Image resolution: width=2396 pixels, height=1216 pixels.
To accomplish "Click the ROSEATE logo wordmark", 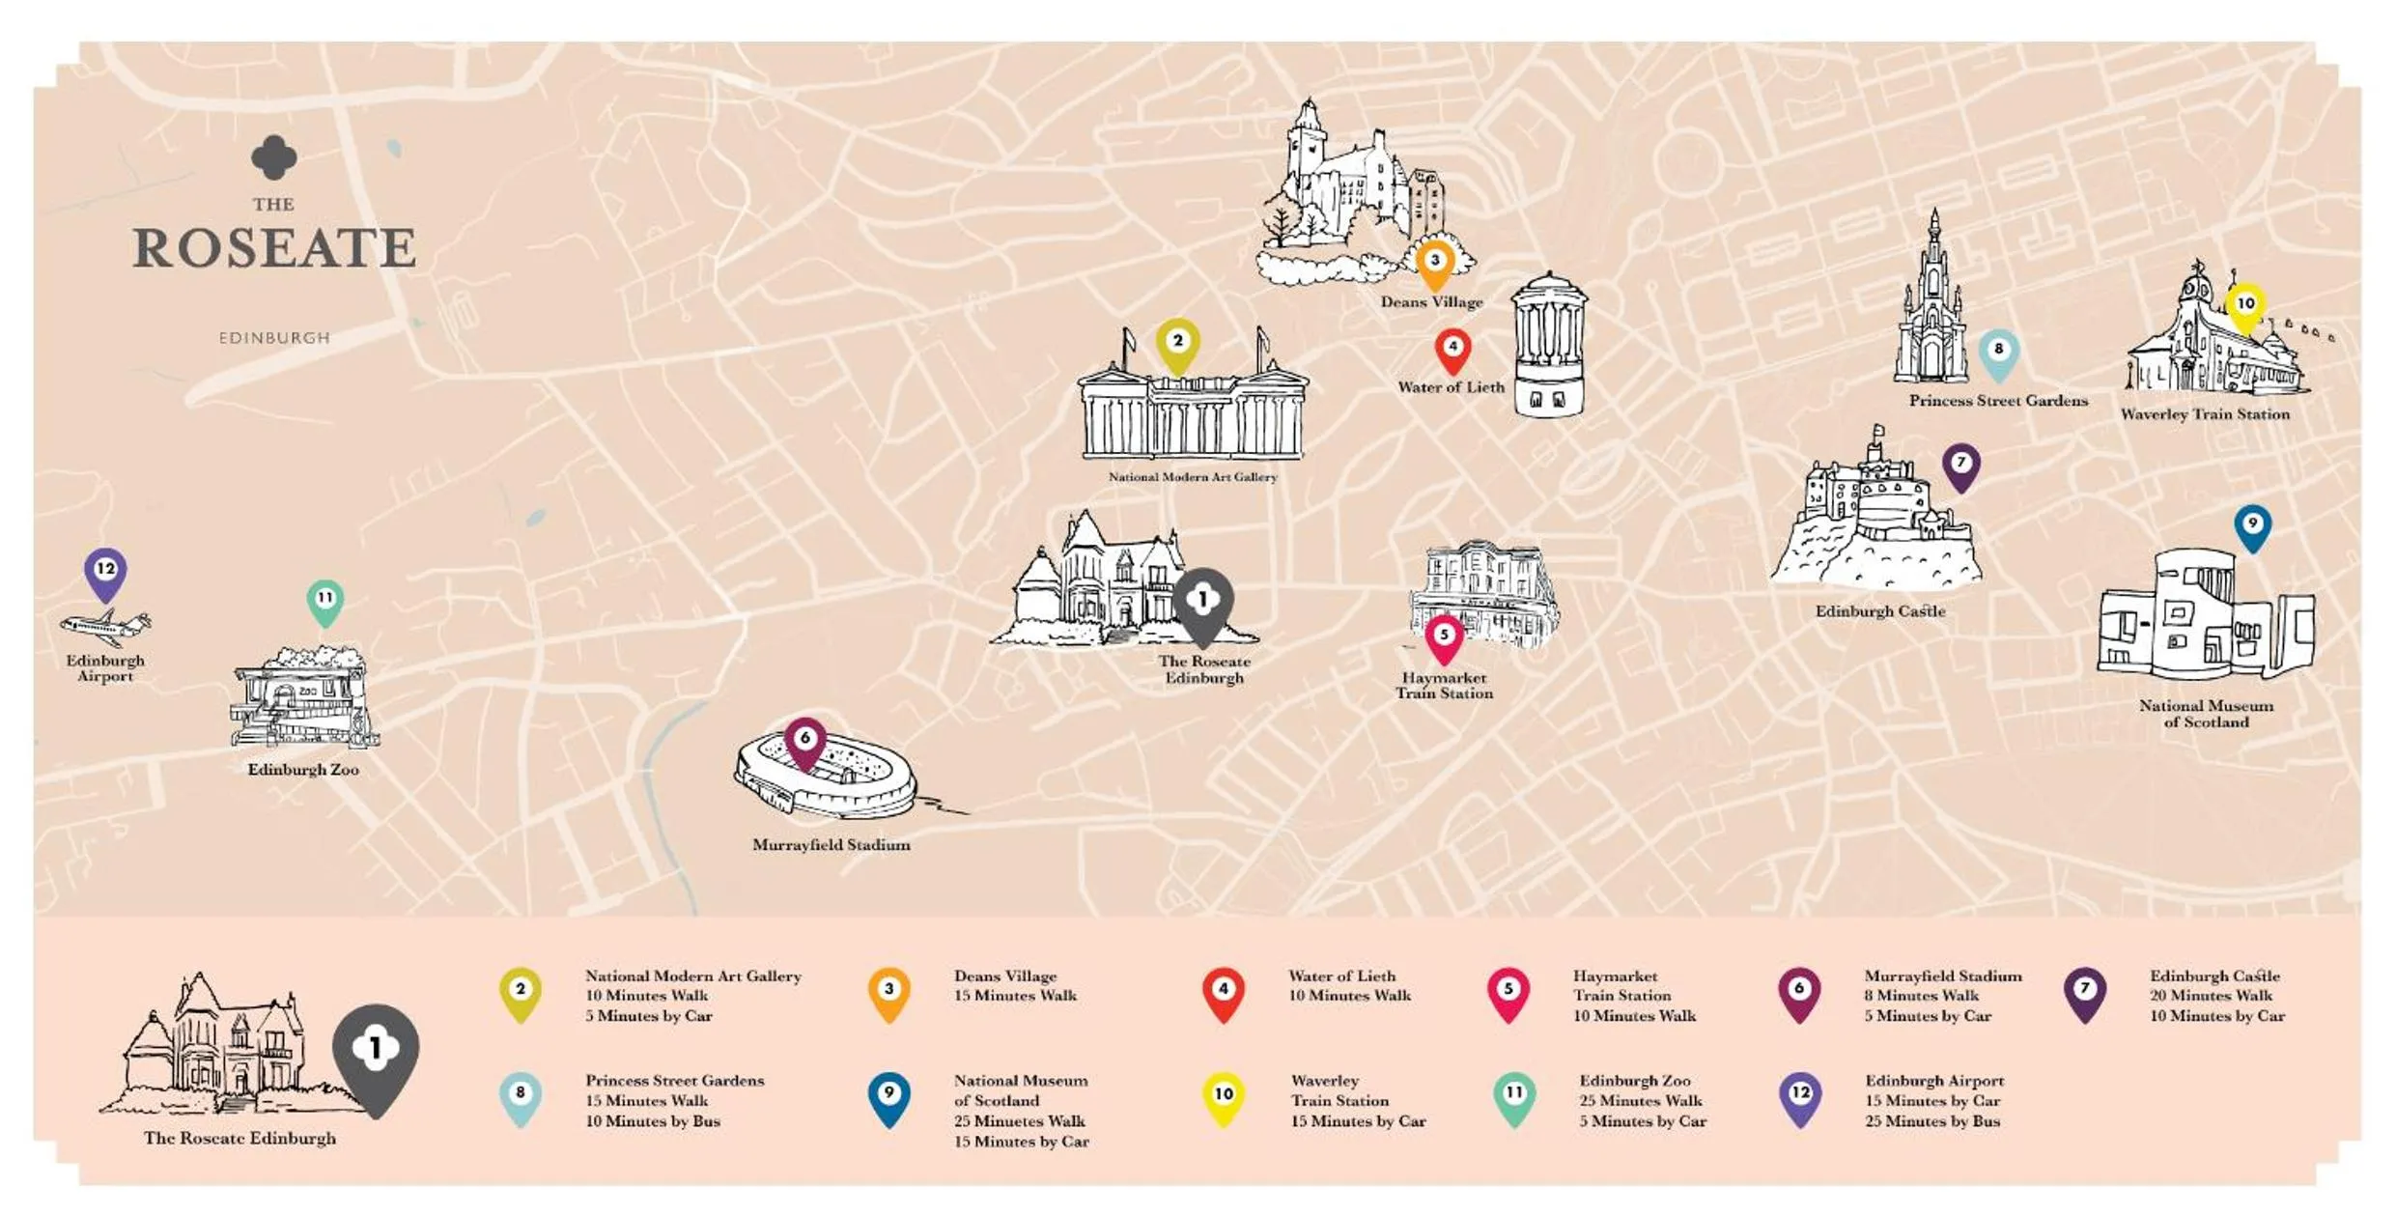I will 274,248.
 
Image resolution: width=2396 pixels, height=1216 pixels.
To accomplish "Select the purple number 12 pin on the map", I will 105,572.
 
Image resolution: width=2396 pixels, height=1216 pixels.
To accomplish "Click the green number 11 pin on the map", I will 325,601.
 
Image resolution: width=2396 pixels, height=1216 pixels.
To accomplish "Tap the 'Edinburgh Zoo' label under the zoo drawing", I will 303,770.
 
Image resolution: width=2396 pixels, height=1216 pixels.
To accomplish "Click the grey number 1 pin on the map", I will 1202,603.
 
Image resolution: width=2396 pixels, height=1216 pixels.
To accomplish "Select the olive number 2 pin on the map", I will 1177,344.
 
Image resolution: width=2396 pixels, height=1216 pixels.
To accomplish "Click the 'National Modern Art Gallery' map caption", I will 1193,477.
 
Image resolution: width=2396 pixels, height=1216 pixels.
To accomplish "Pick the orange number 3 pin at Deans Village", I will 1435,263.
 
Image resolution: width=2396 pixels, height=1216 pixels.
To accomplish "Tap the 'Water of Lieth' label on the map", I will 1451,387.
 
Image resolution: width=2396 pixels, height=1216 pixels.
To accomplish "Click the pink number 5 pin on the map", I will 1444,637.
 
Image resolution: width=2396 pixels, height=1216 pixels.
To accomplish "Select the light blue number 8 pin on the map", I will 1998,353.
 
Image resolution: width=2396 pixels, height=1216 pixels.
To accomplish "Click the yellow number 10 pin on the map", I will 2245,306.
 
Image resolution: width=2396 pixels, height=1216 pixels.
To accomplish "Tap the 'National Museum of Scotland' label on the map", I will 2206,714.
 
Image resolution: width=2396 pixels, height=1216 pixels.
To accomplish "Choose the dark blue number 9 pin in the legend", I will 888,1096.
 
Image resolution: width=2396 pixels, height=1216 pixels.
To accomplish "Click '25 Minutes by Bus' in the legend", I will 1932,1121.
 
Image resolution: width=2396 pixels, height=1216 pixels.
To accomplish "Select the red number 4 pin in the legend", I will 1224,992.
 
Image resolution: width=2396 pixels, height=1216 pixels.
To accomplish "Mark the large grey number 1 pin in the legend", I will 376,1054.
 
